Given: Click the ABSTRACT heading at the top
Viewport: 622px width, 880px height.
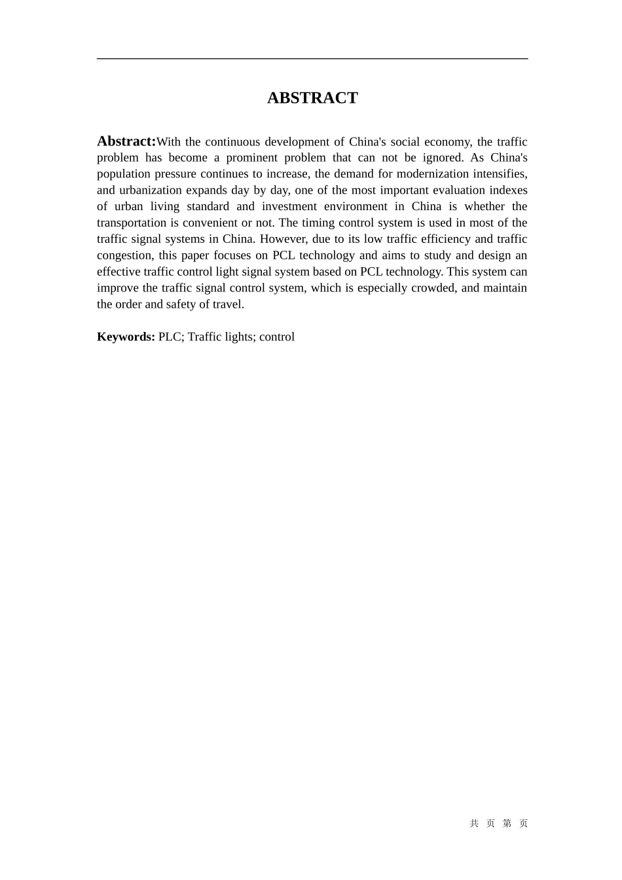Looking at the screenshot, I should click(x=312, y=98).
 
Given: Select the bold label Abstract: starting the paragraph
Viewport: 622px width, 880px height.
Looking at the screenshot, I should click(x=126, y=141).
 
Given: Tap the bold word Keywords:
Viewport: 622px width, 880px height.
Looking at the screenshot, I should click(x=126, y=337).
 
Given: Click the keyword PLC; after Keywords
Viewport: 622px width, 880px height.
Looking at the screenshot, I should click(x=172, y=337).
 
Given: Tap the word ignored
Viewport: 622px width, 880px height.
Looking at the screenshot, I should click(x=443, y=158).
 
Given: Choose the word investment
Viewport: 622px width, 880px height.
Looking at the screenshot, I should click(x=288, y=207).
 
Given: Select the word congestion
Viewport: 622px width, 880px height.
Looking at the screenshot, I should click(x=124, y=256).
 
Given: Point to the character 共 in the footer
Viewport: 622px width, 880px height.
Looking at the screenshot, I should click(x=474, y=824).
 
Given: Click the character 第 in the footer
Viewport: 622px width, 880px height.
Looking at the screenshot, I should click(x=507, y=824).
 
